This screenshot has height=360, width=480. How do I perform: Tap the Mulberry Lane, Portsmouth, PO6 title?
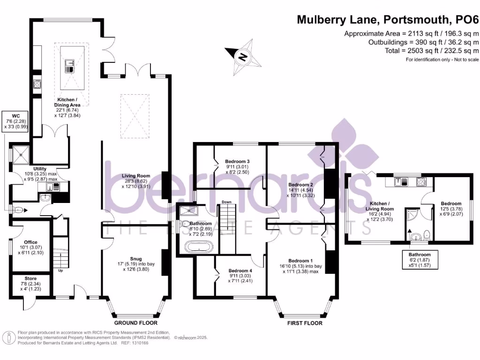coord(388,20)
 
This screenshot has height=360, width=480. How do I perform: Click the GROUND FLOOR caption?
coord(136,323)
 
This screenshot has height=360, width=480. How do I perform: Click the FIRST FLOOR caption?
coord(304,323)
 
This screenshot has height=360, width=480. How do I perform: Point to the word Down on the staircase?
coord(227,202)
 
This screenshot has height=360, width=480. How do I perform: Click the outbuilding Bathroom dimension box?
coord(420,259)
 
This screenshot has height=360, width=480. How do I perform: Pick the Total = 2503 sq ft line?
coord(432,51)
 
